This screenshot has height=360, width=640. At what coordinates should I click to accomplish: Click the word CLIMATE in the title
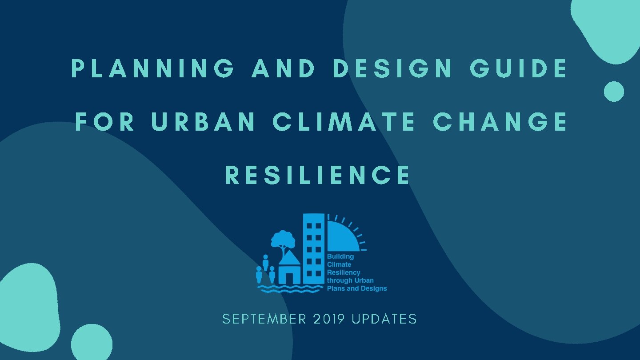(344, 122)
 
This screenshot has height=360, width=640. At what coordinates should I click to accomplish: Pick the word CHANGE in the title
(500, 122)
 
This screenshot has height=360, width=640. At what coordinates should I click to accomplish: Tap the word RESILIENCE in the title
(318, 175)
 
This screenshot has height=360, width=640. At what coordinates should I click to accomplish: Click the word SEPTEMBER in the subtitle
(264, 319)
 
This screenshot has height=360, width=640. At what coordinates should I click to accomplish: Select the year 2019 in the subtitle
(329, 319)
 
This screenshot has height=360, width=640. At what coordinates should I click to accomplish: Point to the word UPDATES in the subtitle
(384, 319)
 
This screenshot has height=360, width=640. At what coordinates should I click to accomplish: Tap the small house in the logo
(289, 268)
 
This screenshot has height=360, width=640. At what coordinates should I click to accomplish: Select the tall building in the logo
(314, 249)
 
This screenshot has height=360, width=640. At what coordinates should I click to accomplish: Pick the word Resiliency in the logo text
(344, 272)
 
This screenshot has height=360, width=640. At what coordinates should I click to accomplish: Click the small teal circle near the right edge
(614, 92)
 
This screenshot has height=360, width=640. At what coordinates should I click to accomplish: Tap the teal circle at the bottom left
(92, 344)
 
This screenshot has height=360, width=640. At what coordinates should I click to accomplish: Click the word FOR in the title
(105, 122)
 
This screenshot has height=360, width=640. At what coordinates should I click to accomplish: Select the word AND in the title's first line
(284, 69)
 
